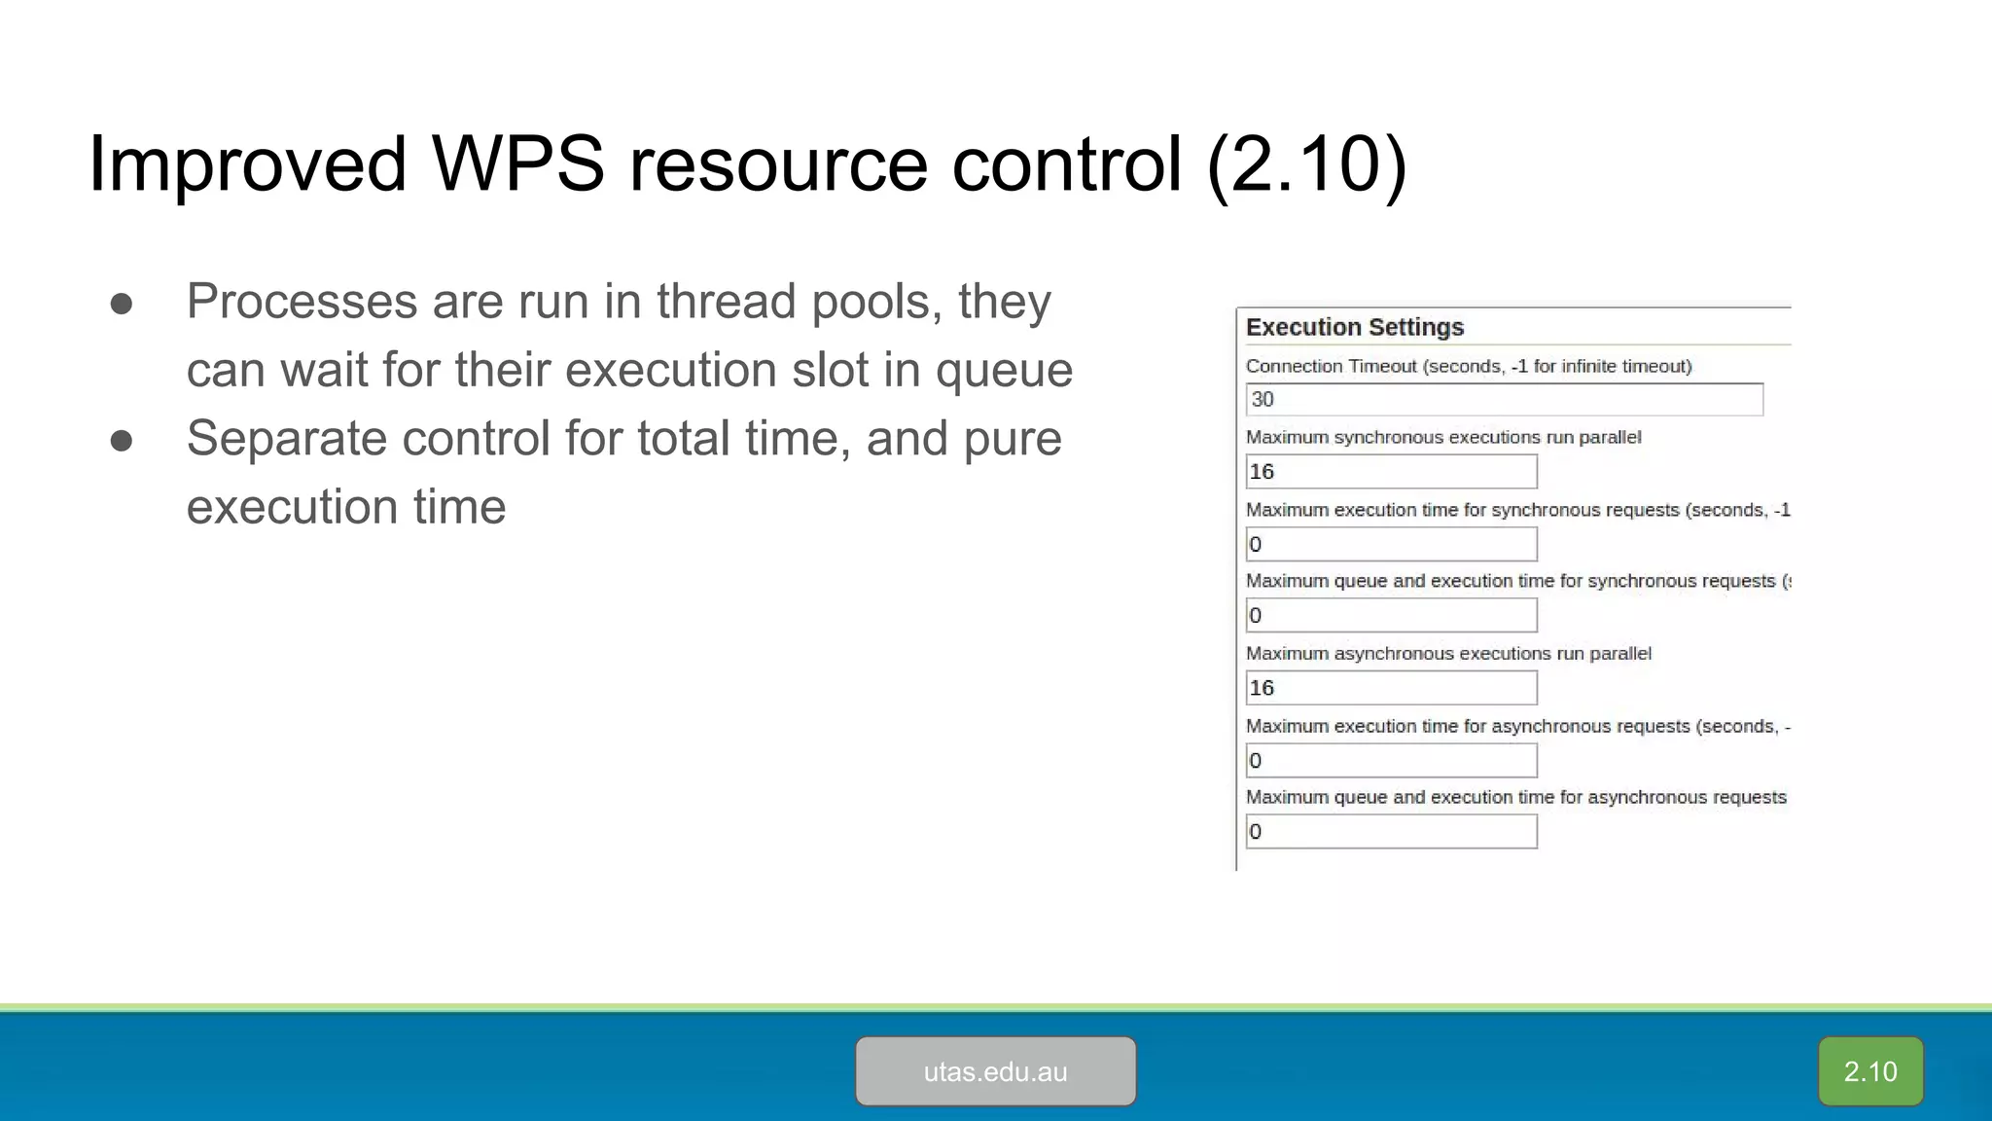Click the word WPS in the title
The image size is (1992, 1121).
(x=518, y=163)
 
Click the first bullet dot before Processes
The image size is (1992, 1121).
(x=122, y=304)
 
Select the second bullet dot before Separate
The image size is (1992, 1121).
(x=122, y=441)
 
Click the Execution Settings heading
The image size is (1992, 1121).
(x=1354, y=327)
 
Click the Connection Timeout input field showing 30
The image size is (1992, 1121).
(x=1504, y=399)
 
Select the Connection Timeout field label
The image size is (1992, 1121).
(x=1469, y=366)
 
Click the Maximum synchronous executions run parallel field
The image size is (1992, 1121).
(x=1391, y=472)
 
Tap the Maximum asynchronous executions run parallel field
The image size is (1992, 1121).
(x=1391, y=688)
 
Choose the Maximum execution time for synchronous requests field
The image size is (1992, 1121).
(x=1391, y=544)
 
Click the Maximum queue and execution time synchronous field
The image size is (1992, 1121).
(x=1391, y=615)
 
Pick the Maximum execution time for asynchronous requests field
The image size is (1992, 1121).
(x=1391, y=760)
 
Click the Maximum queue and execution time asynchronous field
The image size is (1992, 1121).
(x=1391, y=832)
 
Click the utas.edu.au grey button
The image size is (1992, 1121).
(x=995, y=1071)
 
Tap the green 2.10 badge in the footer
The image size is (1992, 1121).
(x=1869, y=1071)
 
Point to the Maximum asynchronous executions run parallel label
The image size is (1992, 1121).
(x=1448, y=654)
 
